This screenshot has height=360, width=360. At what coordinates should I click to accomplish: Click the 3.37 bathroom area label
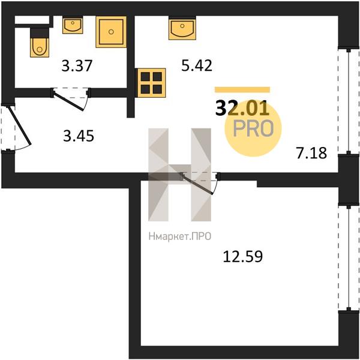point(77,65)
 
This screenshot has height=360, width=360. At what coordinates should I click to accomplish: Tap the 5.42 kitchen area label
point(197,65)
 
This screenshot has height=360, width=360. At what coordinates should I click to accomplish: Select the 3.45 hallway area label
point(79,136)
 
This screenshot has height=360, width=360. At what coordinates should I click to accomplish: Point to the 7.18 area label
point(311,153)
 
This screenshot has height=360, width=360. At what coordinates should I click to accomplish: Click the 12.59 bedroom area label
point(243,256)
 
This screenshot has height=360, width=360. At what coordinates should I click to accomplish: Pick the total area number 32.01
point(242,108)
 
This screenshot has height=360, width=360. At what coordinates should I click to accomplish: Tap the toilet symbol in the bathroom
point(40,43)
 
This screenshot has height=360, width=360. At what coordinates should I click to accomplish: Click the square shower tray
point(111,32)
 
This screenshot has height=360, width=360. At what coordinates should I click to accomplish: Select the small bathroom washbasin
point(73,25)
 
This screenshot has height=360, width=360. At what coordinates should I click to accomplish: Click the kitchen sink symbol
point(182,28)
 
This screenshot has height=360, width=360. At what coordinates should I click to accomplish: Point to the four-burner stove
point(151,83)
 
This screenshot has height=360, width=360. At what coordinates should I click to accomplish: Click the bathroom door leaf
point(68,101)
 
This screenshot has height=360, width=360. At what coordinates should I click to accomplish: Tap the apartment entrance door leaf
point(20,125)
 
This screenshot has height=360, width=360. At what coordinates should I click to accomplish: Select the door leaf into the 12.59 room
point(197,184)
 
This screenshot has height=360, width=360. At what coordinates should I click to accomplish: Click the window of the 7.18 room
point(349,101)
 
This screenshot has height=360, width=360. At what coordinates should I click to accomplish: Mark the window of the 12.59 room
point(349,257)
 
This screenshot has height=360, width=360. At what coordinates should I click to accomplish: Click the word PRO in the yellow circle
point(253,128)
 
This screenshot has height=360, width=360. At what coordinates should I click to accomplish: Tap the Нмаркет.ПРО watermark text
point(180,236)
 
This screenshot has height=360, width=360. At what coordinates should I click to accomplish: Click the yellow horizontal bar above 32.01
point(242,89)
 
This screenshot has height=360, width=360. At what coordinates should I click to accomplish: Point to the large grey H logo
point(179,175)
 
